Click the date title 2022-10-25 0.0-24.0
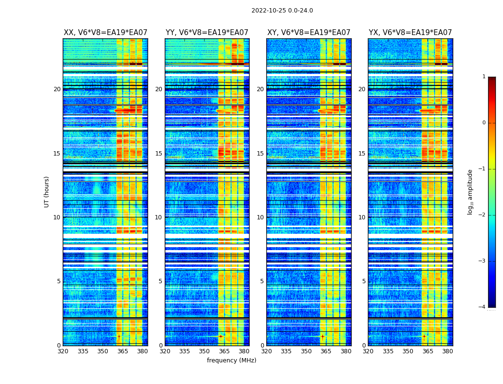[x=282, y=11]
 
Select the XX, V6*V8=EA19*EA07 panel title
[x=105, y=33]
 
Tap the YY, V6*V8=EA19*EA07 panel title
[x=207, y=33]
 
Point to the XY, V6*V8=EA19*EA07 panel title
[x=309, y=33]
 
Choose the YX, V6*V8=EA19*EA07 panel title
[x=410, y=33]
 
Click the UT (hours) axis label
[x=47, y=192]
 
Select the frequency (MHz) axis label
[x=231, y=360]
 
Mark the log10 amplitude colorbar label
[x=470, y=192]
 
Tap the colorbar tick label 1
[x=484, y=77]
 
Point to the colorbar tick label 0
[x=484, y=123]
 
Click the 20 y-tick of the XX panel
[x=57, y=89]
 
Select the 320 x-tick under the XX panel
[x=63, y=351]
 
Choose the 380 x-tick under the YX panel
[x=447, y=351]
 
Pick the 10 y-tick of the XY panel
[x=260, y=217]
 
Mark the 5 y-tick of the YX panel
[x=364, y=281]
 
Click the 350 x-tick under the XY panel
[x=306, y=351]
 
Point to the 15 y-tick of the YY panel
[x=159, y=154]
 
